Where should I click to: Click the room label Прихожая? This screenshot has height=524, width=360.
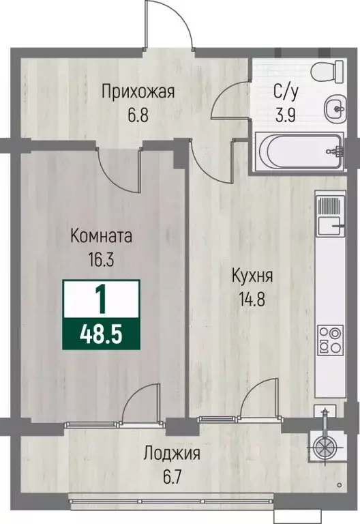coord(138,90)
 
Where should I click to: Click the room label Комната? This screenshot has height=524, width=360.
coord(101,237)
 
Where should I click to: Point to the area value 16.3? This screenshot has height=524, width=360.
coord(101,259)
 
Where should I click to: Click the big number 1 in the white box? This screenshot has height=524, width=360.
coord(101,298)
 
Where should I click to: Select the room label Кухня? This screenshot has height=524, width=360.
coord(252,276)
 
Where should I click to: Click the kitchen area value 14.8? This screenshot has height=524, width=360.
coord(252,298)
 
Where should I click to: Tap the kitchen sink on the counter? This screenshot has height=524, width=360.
coord(329,214)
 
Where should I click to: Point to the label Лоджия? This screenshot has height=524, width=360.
coord(171,454)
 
